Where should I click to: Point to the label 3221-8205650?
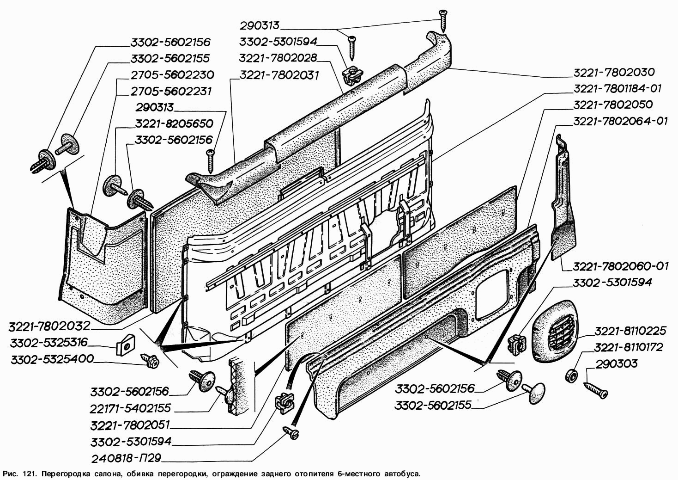174,124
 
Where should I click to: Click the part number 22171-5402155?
131,408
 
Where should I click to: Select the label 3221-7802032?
49,326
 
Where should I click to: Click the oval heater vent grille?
554,330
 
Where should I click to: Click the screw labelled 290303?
596,389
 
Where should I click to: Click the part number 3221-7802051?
131,425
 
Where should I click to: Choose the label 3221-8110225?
630,331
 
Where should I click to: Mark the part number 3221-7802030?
614,72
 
